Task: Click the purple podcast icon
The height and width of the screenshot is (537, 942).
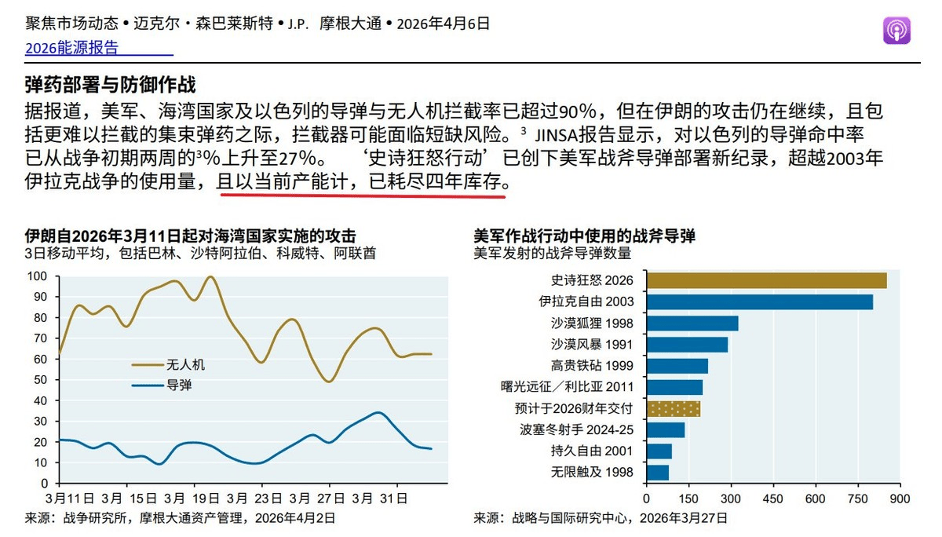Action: coord(897,31)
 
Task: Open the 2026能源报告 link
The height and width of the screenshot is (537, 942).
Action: coord(71,48)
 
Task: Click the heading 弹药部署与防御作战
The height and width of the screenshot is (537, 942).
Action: coord(110,85)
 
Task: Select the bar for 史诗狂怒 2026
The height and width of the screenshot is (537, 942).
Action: coord(766,281)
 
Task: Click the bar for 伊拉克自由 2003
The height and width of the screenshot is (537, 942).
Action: coord(759,302)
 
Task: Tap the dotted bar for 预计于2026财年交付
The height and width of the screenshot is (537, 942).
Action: coord(673,408)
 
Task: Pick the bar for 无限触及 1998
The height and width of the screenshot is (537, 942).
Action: coord(657,472)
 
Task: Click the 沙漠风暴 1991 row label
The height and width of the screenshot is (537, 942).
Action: coord(591,345)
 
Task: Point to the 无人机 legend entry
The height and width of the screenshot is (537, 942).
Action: coord(185,364)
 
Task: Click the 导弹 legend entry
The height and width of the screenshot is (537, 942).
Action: coord(179,385)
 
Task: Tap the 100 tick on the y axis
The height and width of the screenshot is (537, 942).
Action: coord(38,276)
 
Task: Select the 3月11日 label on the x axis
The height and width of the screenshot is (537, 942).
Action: coord(71,499)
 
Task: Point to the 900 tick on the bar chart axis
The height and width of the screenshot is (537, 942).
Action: coord(900,499)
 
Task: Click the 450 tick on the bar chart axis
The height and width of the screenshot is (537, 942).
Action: coord(773,499)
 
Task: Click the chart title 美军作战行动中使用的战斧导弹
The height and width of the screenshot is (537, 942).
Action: coord(584,236)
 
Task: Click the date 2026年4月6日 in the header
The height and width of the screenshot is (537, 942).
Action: coord(444,24)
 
